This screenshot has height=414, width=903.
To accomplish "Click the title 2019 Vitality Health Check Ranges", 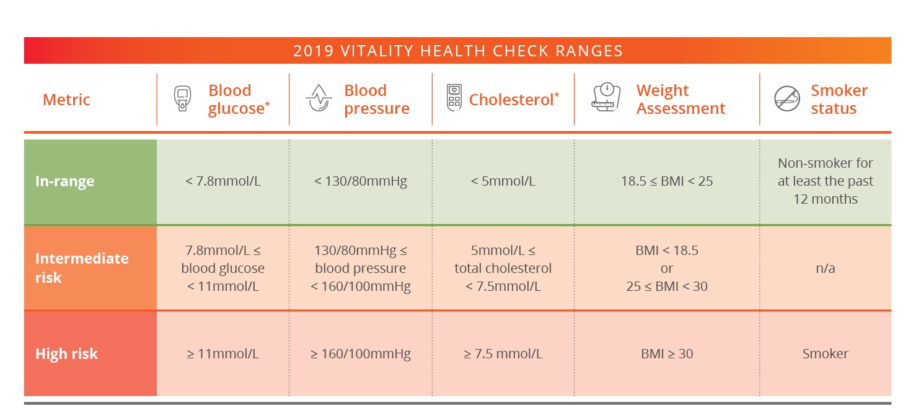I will [x=457, y=51].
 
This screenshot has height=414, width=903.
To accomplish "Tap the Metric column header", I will [x=66, y=100].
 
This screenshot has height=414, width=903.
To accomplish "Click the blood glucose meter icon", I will [x=182, y=100].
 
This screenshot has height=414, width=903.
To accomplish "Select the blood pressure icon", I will [x=319, y=99].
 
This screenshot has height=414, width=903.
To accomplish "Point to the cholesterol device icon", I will [x=454, y=98].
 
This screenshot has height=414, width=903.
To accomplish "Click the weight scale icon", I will [x=607, y=98].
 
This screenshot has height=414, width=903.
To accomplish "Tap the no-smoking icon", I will [x=786, y=99].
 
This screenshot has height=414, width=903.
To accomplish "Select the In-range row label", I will [x=64, y=181].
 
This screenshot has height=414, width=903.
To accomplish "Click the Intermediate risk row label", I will [x=82, y=267].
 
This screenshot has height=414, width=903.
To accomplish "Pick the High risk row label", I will [x=66, y=354].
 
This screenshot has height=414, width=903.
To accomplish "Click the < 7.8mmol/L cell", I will [x=222, y=181].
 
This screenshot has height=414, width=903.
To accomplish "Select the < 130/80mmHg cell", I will [x=360, y=181].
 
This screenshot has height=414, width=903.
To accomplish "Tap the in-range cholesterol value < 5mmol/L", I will [x=503, y=181].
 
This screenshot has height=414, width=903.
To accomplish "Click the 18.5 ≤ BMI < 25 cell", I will [x=666, y=181].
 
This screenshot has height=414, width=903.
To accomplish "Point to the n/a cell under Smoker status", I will [x=825, y=269].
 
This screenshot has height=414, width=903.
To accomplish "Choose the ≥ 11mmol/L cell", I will [x=222, y=354].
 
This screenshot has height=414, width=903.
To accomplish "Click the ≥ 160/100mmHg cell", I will [x=360, y=354].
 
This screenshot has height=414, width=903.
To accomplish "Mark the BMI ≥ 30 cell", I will [x=666, y=354].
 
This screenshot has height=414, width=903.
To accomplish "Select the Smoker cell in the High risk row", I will [x=825, y=354].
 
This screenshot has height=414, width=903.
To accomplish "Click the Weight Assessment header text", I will [x=680, y=100].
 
